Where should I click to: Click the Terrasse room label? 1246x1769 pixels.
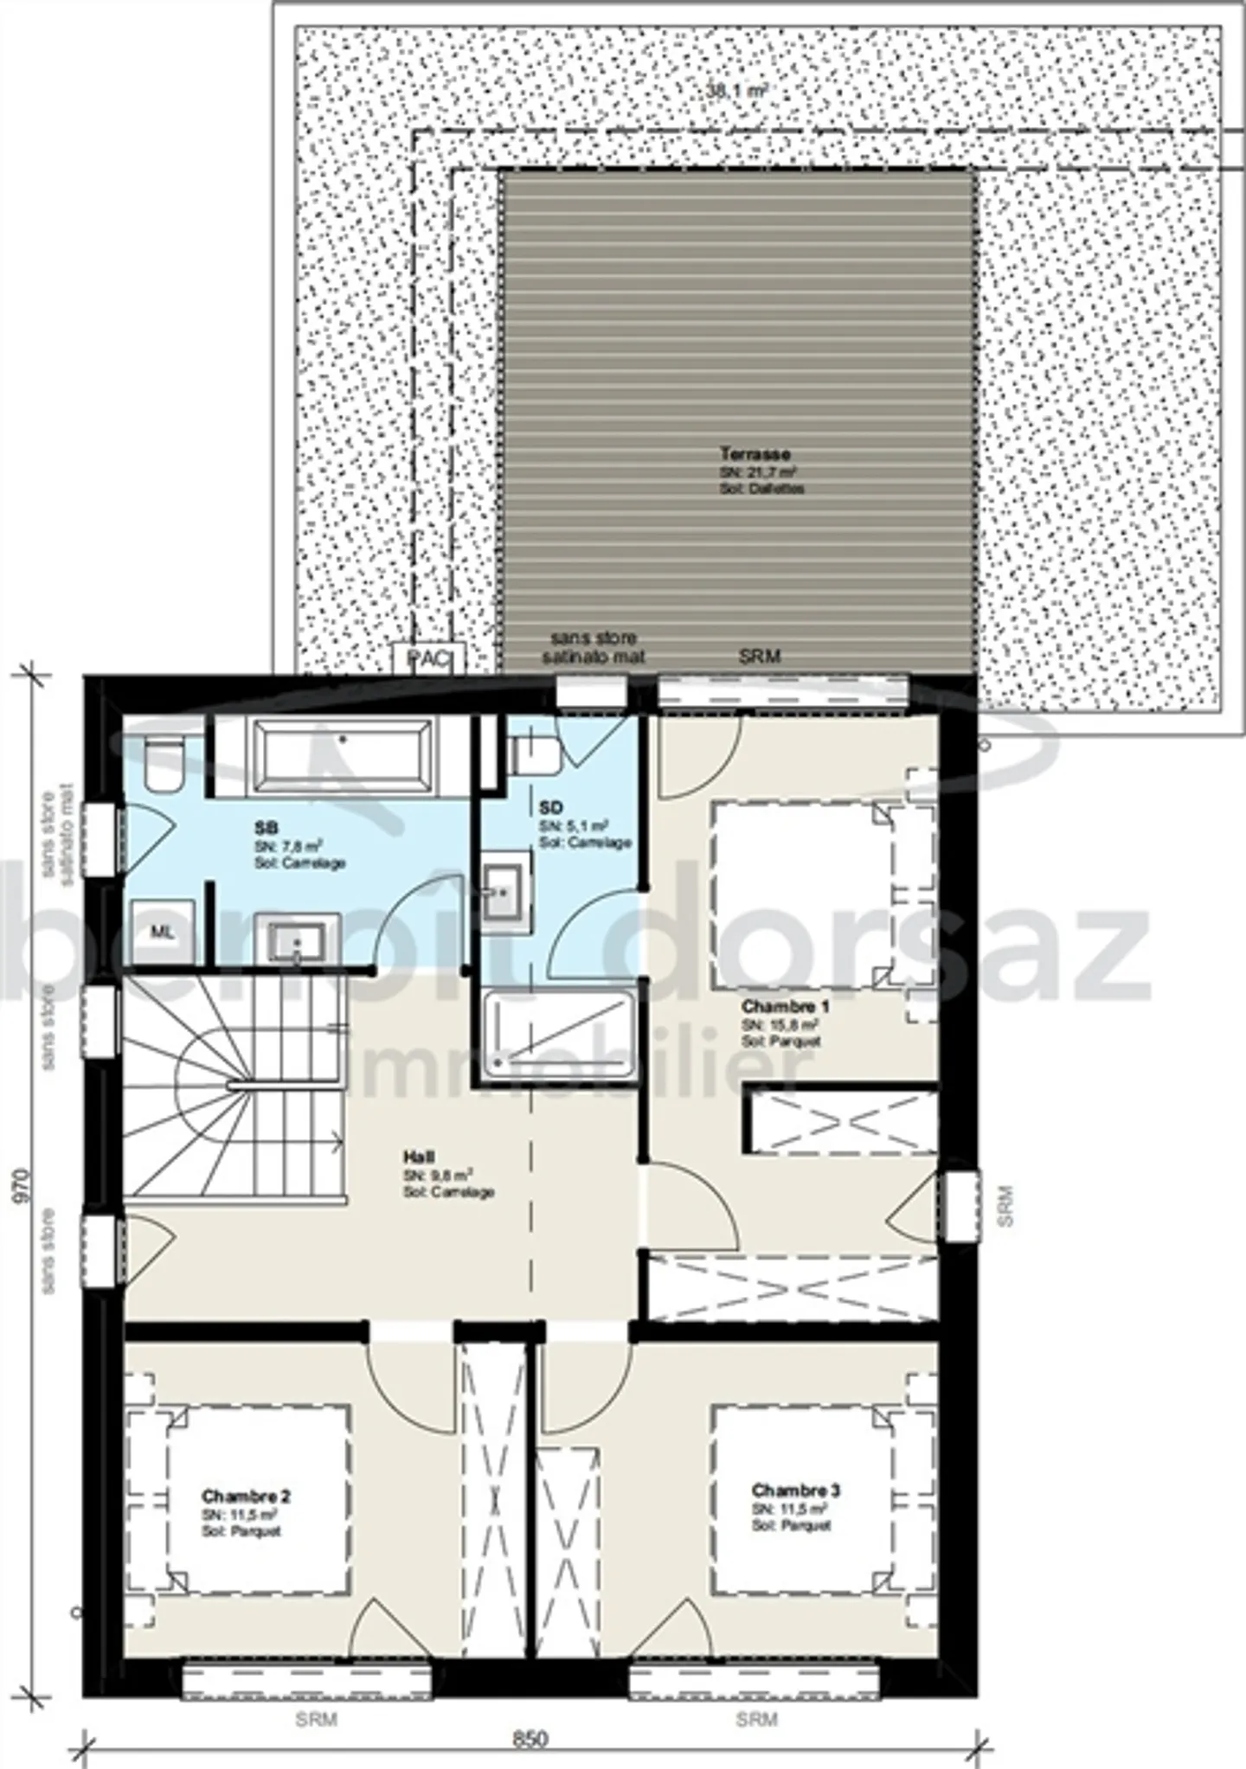click(x=755, y=453)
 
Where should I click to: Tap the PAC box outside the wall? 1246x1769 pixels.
click(x=428, y=658)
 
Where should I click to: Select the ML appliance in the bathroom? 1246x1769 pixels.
click(x=162, y=932)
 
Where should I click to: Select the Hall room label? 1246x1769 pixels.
click(x=419, y=1157)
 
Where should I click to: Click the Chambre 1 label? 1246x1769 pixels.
click(x=785, y=1007)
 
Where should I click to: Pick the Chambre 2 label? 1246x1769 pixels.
click(x=246, y=1497)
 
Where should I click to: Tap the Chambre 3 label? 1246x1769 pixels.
click(x=795, y=1490)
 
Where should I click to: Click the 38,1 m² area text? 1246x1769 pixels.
click(x=735, y=89)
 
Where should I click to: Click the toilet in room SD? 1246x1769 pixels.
click(x=536, y=753)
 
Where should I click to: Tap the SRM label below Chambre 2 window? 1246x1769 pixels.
click(x=316, y=1695)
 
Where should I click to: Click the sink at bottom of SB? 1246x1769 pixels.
click(x=297, y=941)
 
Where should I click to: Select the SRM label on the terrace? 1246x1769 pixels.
click(x=760, y=657)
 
